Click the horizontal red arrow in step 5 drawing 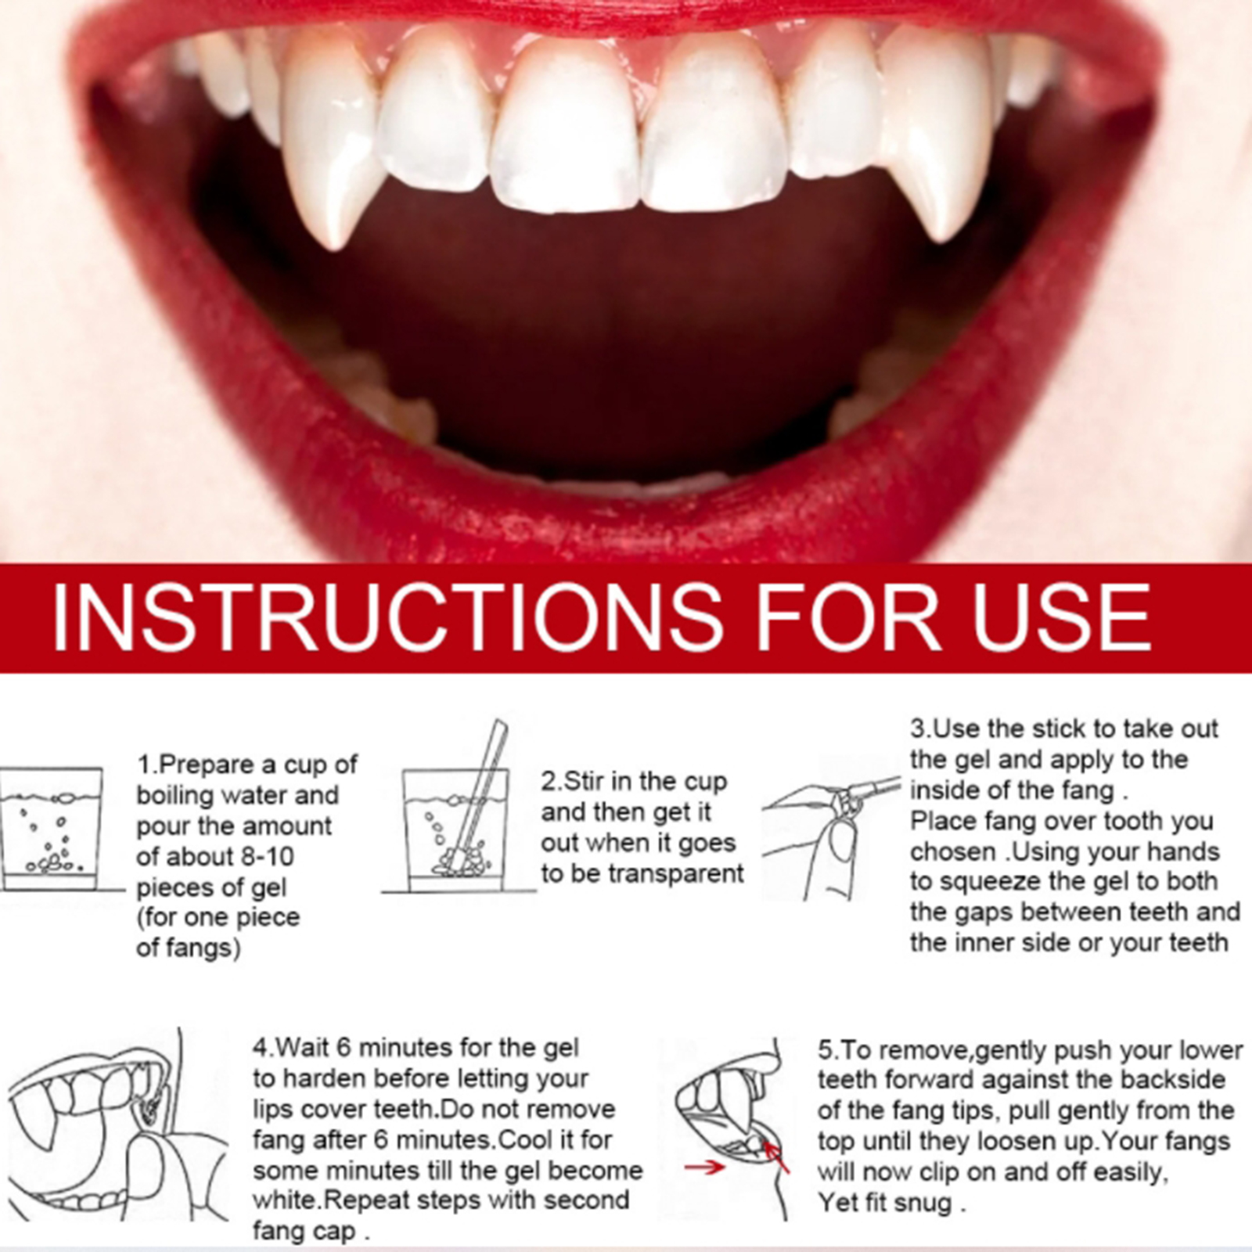[x=704, y=1167]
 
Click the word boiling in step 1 [x=174, y=796]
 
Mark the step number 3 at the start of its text [x=918, y=729]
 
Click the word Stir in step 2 [x=580, y=782]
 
